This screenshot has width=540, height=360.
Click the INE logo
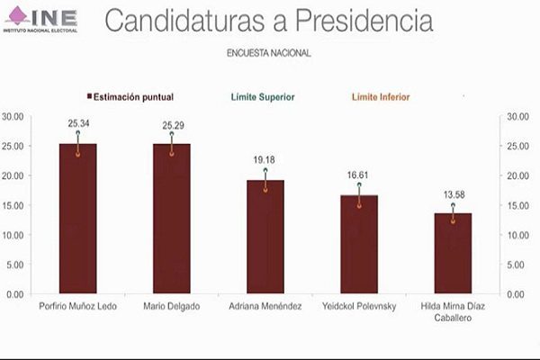click(41, 19)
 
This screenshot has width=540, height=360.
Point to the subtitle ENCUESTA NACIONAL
click(269, 53)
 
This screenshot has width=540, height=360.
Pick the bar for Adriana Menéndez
click(265, 237)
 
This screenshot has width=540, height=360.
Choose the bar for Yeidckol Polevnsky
click(359, 245)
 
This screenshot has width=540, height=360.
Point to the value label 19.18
click(265, 159)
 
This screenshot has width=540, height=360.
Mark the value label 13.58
click(453, 193)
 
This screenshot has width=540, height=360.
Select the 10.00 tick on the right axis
click(522, 235)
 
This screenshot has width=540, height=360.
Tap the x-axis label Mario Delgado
click(171, 307)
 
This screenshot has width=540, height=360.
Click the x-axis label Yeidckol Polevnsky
click(359, 307)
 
